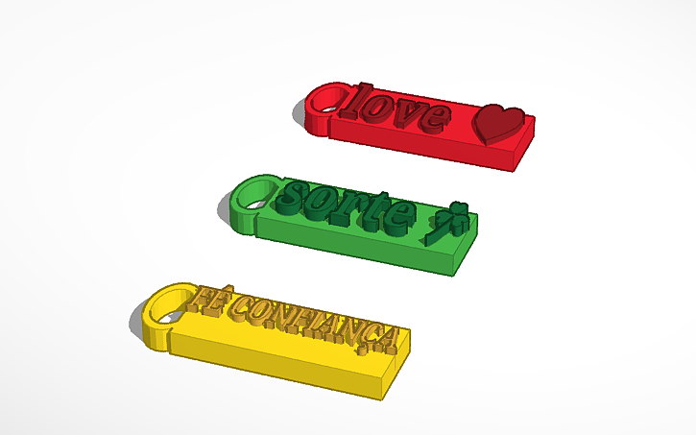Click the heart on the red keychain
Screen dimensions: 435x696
click(501, 122)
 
